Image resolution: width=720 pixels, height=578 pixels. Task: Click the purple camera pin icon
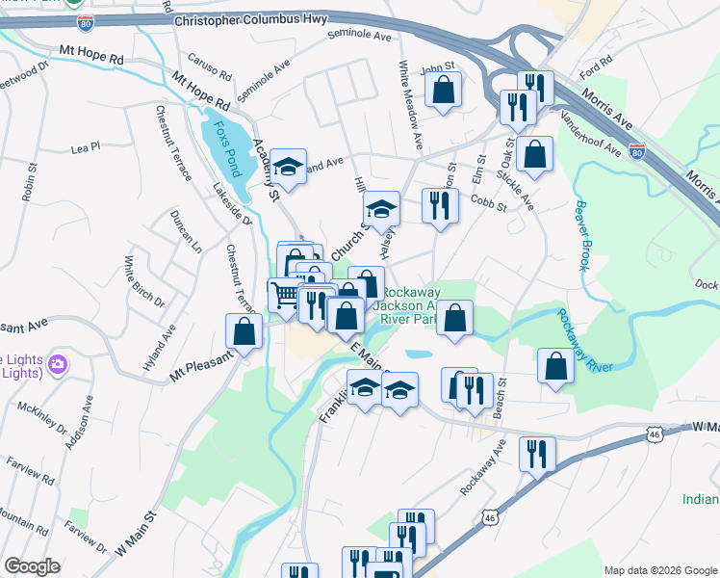point(58,364)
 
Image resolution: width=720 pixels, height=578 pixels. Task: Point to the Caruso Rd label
point(211,65)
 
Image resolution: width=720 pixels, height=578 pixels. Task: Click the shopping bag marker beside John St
point(443,92)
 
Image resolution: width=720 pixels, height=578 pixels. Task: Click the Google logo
point(32,566)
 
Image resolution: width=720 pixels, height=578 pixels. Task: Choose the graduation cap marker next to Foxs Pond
point(288,167)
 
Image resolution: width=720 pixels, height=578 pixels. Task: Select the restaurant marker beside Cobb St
point(440,206)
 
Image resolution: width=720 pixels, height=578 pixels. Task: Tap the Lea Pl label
point(86,149)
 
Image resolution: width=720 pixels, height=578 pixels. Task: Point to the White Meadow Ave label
point(409,105)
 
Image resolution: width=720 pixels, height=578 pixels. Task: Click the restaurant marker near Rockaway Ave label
point(537,455)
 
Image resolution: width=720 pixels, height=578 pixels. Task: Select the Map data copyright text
point(660,569)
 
